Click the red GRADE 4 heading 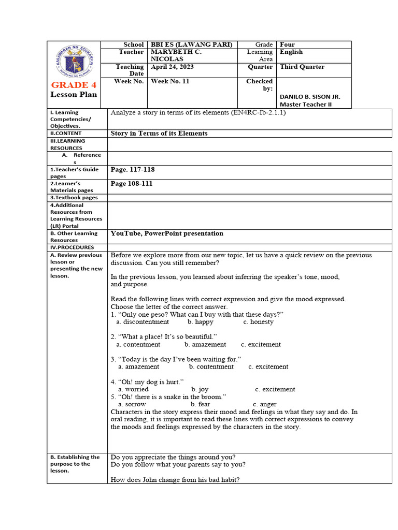[73, 85]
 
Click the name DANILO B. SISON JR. [310, 97]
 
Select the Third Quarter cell [302, 67]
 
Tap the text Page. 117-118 [133, 170]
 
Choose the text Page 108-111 [132, 184]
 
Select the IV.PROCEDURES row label [69, 247]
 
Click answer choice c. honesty [258, 322]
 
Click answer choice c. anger [264, 404]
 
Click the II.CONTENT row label [66, 133]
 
